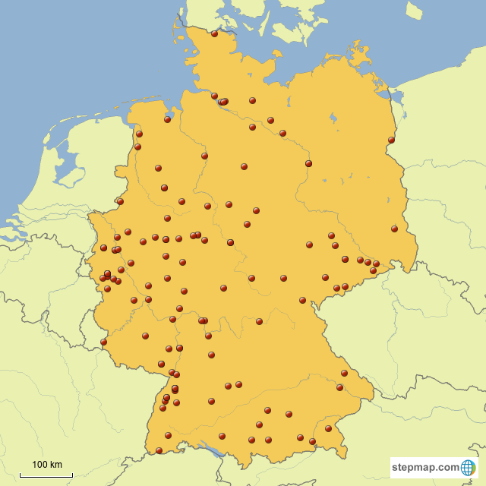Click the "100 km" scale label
tap(46, 464)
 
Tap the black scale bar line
tap(46, 475)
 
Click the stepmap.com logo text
tap(426, 467)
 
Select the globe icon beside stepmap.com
tap(469, 467)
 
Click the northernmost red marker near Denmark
tap(214, 33)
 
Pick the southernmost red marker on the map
tap(159, 450)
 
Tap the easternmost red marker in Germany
tap(394, 229)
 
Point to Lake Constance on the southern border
tap(216, 451)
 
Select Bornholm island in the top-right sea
tap(413, 10)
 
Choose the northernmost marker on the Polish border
tap(391, 140)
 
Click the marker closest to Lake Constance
tap(222, 436)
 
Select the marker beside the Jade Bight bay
tap(167, 119)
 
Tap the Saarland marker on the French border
tap(103, 342)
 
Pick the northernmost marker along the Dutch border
tap(139, 134)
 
